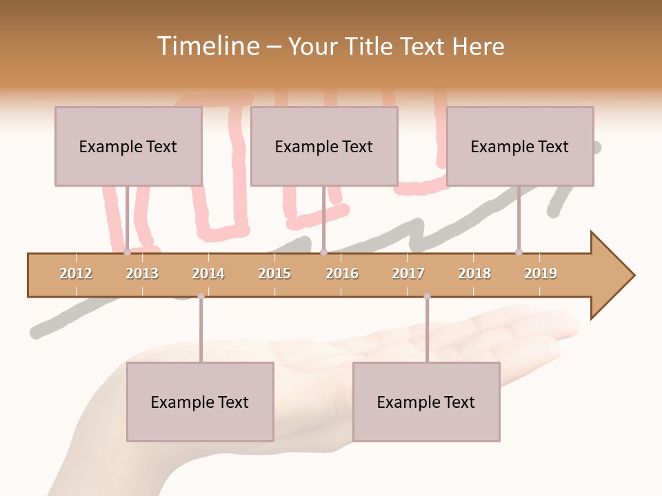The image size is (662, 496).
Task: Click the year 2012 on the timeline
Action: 76,273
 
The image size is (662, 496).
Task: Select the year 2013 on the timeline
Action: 142,273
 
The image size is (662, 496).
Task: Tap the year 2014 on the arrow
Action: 208,273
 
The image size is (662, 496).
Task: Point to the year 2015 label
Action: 274,273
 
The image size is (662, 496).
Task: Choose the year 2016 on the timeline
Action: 342,273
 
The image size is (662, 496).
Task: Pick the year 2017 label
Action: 408,273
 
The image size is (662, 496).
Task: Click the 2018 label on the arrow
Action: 474,273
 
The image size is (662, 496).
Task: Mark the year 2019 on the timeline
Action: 541,273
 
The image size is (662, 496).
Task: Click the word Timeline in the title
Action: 206,46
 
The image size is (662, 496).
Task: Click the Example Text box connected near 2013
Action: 128,146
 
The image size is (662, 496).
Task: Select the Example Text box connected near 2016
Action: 324,146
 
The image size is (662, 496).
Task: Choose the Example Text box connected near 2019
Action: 520,146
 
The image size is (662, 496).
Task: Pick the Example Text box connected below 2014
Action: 200,402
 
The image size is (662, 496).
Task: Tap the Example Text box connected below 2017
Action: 426,402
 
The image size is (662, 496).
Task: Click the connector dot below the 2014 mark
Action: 201,296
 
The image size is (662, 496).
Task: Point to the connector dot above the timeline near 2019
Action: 519,252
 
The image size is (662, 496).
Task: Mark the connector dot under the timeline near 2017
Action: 427,296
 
